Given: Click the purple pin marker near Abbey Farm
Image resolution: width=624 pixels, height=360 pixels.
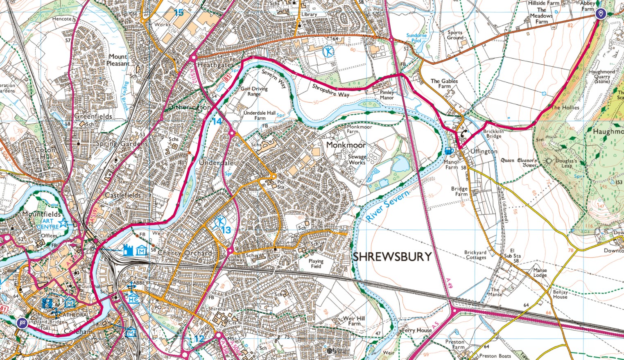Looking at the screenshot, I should point(600,14).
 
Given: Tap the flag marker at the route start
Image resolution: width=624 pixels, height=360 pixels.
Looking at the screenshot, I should point(22,323).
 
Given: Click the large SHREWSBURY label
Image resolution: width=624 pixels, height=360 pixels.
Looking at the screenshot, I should point(392,257).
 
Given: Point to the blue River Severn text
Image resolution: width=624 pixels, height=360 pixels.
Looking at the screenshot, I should point(387,206).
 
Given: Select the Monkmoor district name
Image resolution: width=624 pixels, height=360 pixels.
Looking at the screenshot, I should point(346,145).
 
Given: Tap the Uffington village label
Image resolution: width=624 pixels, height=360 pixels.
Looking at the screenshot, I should point(484,152).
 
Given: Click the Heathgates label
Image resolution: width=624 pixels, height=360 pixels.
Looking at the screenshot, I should point(215,65).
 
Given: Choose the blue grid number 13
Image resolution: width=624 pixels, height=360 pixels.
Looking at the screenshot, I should point(226,230).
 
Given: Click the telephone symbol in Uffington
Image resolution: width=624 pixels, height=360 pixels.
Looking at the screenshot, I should point(463,133).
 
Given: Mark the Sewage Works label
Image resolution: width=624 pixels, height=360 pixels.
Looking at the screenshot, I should point(357,160).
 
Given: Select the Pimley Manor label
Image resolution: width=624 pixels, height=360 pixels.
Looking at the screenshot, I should point(387,95).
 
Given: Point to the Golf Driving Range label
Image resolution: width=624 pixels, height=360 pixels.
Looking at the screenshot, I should point(254,91).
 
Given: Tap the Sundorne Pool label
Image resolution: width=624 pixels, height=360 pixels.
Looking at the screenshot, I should point(416,38).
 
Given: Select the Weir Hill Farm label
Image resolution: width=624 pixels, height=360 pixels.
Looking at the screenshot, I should point(354,321).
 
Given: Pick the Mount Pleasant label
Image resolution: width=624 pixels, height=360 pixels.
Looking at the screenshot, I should point(118,60).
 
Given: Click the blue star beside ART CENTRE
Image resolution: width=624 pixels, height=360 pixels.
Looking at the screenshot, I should point(63,223).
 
